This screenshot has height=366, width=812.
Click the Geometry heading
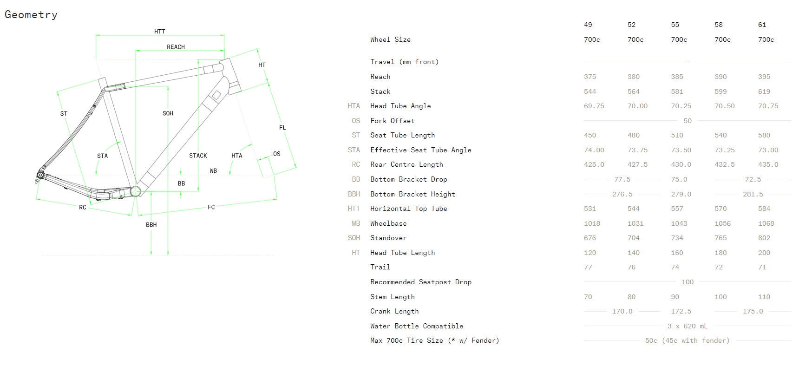(31, 15)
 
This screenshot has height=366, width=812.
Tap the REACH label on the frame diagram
(176, 47)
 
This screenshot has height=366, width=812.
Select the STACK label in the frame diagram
(198, 156)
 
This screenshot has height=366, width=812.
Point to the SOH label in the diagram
(168, 113)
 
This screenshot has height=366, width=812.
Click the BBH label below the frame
(151, 225)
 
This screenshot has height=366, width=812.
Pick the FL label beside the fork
(282, 128)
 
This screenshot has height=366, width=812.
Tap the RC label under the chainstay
(82, 208)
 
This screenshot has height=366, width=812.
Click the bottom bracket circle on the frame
(136, 191)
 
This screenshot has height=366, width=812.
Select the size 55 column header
(675, 25)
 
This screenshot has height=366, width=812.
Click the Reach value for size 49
(589, 77)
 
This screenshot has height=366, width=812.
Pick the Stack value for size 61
(764, 91)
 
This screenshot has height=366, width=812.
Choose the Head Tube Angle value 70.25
(681, 106)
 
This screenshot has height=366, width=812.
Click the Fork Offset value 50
(688, 121)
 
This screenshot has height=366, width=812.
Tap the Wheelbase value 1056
(722, 223)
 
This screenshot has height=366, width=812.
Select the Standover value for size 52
(633, 238)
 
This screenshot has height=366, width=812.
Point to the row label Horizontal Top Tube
(408, 209)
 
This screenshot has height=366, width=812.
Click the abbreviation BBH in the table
(354, 194)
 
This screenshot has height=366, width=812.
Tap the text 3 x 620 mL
(687, 326)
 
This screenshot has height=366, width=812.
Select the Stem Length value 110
(764, 297)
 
